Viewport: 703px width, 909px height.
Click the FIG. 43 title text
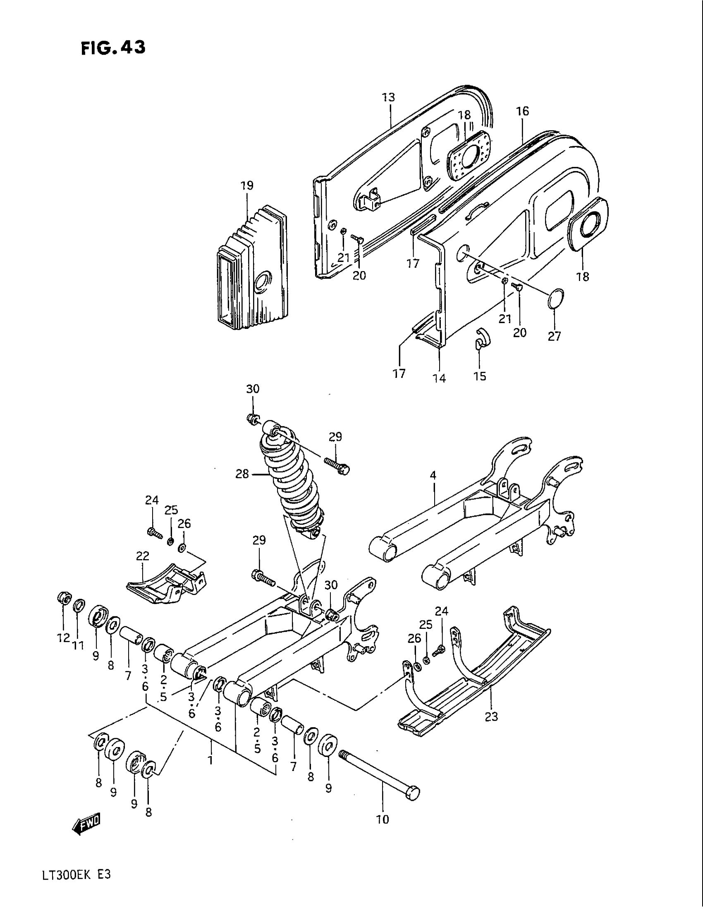tap(113, 48)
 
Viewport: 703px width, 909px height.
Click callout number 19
tap(247, 186)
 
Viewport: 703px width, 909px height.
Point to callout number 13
tap(388, 98)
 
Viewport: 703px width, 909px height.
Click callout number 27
tap(554, 336)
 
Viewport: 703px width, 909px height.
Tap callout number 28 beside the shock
tap(242, 474)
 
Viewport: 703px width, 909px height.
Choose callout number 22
tap(142, 556)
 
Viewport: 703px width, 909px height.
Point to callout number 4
tap(433, 475)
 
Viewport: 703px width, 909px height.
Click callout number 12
tap(63, 638)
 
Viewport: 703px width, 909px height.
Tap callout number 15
tap(480, 376)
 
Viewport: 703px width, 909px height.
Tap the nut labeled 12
tap(64, 599)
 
